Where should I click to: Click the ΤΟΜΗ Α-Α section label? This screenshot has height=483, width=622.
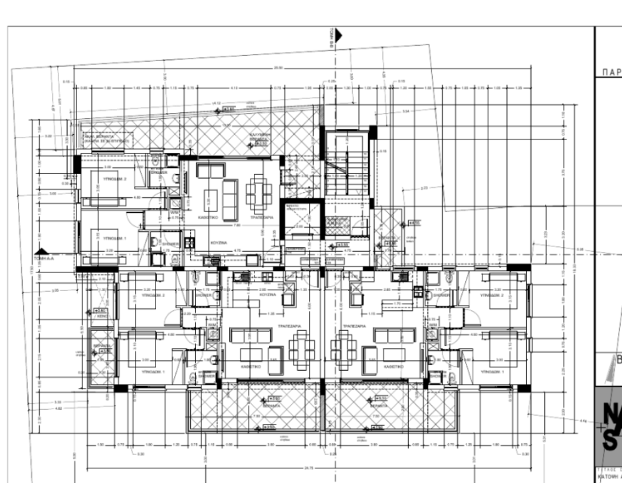coord(44,256)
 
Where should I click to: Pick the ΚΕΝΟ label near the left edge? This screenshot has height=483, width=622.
coord(102,316)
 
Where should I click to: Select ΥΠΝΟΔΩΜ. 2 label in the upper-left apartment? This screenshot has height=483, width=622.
coord(106,179)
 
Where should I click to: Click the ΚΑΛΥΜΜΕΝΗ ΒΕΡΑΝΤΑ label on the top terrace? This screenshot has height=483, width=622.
coord(258,135)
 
